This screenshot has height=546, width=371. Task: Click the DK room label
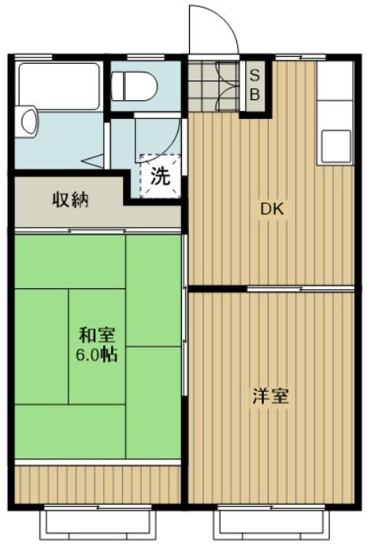pos(272,210)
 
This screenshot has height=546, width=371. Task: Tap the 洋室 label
pos(270,396)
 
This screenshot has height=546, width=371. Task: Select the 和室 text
pos(95,334)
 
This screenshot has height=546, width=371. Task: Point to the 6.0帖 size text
pos(96,355)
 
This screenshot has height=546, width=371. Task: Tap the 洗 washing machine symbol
pos(160,175)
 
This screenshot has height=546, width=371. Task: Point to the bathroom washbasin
pos(29,122)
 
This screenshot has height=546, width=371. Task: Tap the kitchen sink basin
pos(335,147)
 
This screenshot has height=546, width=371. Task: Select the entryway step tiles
pos(213,85)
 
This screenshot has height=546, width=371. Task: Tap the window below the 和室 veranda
pos(96,519)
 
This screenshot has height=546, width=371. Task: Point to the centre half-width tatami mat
pos(97,347)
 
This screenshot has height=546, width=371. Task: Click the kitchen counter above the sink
pos(335,87)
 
